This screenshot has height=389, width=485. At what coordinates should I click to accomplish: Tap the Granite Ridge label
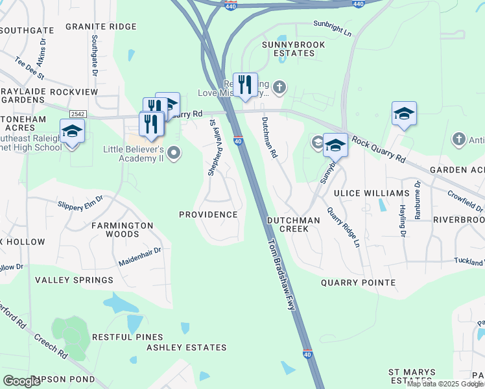point(101,27)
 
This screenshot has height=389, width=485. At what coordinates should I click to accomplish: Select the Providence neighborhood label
point(208,215)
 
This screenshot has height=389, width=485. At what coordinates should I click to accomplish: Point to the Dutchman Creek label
point(294,225)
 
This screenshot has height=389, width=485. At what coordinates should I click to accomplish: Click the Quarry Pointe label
point(359,283)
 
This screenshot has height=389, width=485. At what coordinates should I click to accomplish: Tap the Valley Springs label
point(74,280)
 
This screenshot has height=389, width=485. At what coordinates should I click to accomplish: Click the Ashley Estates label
point(187,348)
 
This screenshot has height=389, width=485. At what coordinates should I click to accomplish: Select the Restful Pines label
point(126,337)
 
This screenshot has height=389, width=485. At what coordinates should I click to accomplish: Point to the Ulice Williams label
point(372,193)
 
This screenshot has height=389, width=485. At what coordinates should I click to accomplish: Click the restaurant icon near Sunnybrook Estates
point(245,85)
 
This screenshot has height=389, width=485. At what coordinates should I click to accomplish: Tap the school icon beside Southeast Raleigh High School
point(72,132)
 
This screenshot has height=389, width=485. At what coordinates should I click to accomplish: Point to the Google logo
point(22,381)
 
